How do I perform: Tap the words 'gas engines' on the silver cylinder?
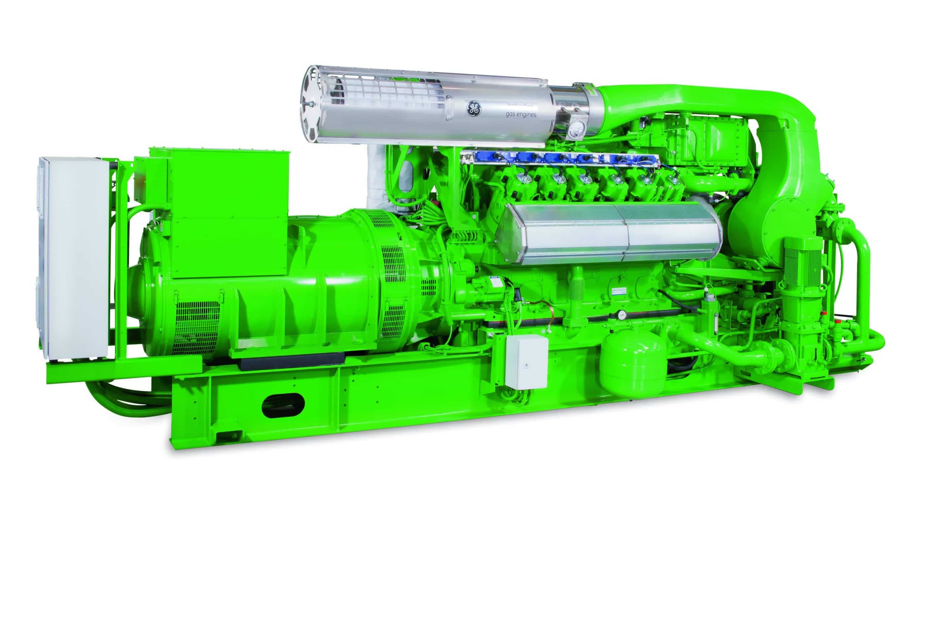tap(521, 115)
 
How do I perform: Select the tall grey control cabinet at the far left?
tap(73, 259)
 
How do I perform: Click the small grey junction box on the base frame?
tap(526, 361)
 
